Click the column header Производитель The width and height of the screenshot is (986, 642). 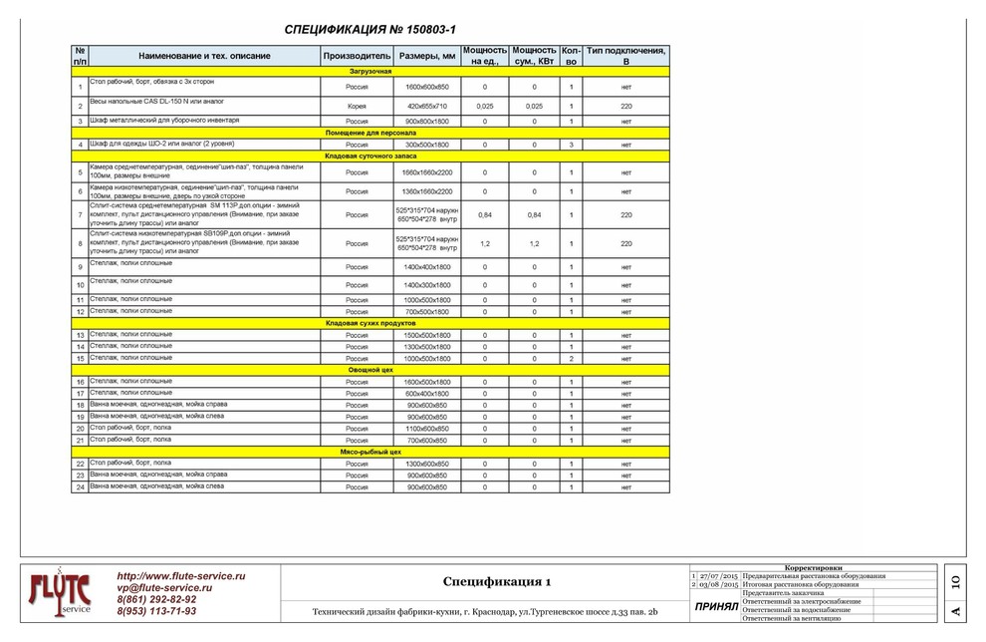pos(357,56)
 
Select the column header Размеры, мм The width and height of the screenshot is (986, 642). pos(427,56)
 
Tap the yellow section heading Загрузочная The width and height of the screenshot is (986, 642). pos(370,73)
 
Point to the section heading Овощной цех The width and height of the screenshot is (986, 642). pos(370,370)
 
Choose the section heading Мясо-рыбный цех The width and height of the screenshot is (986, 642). pos(370,452)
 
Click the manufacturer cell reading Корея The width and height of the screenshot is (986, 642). pos(357,106)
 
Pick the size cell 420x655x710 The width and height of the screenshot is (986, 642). pos(427,106)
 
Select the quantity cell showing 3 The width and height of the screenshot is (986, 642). pos(571,145)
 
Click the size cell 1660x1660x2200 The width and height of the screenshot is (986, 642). pos(427,172)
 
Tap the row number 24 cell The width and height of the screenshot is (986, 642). pos(80,487)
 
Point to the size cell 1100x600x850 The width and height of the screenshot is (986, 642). pos(427,429)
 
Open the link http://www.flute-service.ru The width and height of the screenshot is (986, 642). pos(181,576)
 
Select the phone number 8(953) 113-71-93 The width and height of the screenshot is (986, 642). pos(156,611)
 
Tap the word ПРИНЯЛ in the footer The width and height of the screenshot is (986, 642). pos(716,606)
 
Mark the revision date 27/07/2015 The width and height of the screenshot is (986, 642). pos(718,576)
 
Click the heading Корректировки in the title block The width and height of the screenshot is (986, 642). pos(814,567)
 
